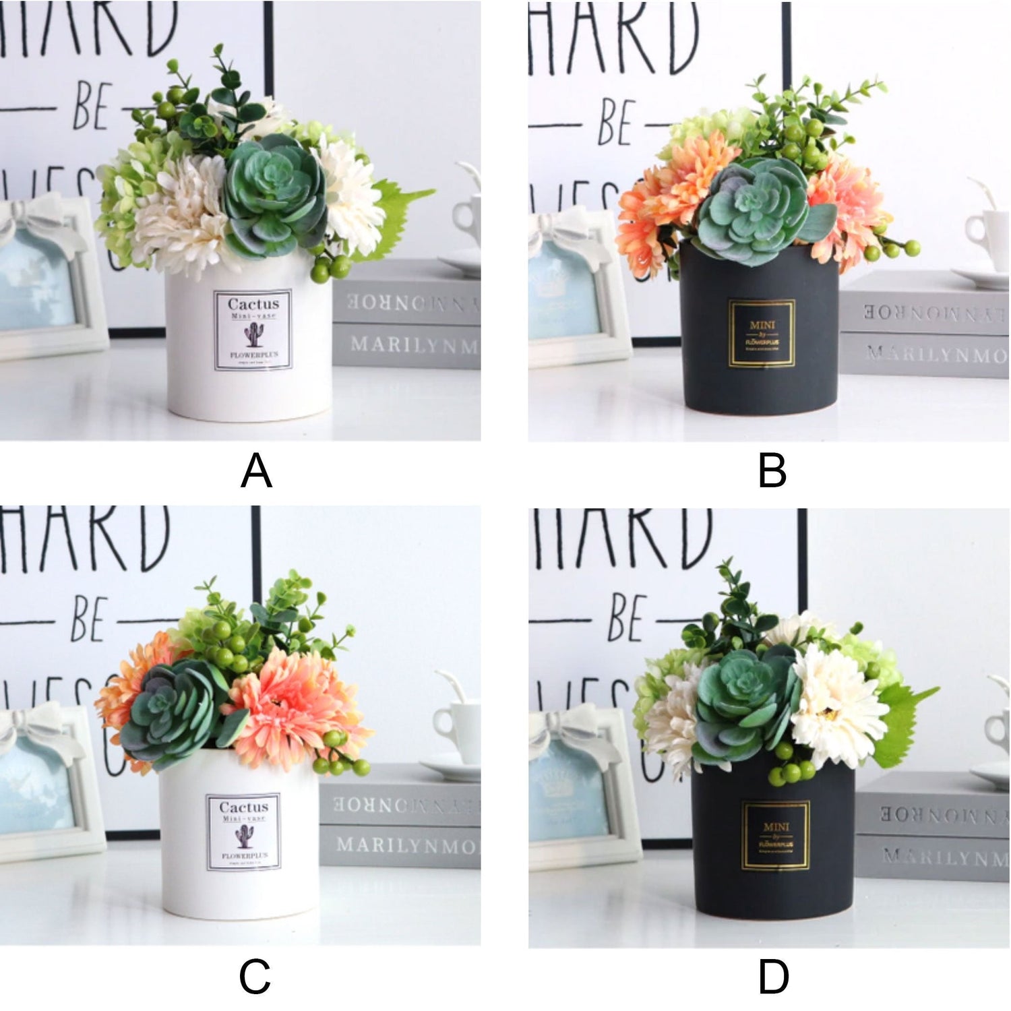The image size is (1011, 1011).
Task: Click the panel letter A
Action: click(256, 470)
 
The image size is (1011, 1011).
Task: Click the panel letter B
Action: click(772, 470)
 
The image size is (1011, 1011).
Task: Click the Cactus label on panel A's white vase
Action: click(253, 330)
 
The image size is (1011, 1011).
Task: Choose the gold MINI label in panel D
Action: click(776, 835)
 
